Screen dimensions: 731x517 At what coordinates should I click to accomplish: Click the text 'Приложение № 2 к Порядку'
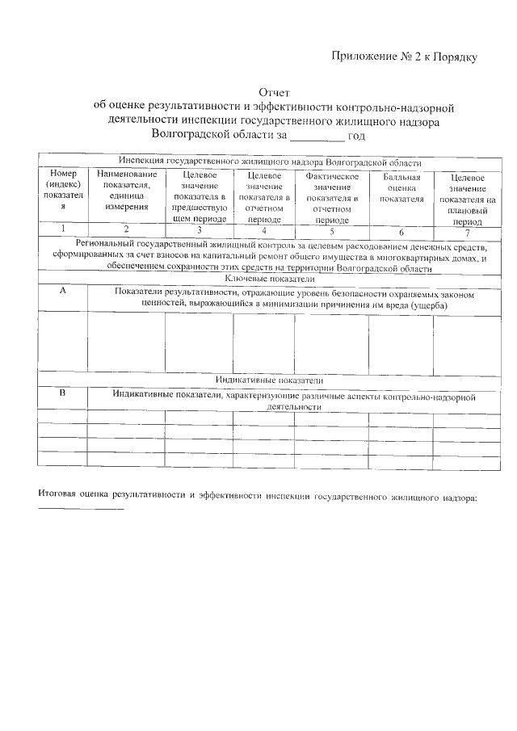point(405,57)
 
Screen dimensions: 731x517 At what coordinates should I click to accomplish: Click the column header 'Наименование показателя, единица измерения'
point(125,190)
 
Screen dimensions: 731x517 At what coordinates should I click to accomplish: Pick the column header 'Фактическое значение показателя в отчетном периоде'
point(331,198)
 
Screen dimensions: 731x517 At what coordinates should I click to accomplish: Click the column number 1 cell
point(62,230)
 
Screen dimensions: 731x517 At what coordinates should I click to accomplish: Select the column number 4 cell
point(263,230)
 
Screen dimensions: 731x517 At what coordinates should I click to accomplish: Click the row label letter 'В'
point(62,395)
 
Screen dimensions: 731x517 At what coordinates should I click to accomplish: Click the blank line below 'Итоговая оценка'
point(81,508)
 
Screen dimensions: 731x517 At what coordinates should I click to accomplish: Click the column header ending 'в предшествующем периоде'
point(199,198)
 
